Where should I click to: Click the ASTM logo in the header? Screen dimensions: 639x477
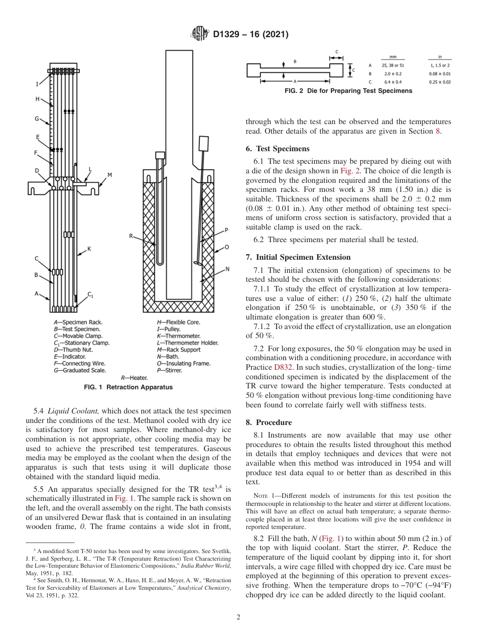[x=201, y=34]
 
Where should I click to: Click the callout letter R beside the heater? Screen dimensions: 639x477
[x=131, y=236]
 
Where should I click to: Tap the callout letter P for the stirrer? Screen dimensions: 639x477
[x=226, y=230]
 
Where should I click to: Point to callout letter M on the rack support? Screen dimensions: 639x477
[x=109, y=175]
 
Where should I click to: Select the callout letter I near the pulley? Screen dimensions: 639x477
[x=37, y=84]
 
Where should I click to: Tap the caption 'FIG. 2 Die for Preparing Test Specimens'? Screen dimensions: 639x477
[x=348, y=91]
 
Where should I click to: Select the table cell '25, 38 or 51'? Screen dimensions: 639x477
[x=389, y=65]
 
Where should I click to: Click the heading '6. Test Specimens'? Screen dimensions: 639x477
[x=277, y=149]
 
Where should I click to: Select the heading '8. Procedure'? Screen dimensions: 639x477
[x=270, y=422]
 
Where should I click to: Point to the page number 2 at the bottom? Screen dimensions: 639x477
[x=238, y=617]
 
